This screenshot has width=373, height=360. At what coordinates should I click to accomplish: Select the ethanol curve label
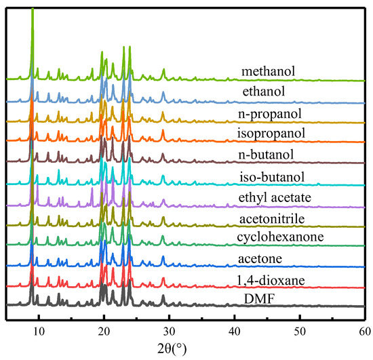(269, 92)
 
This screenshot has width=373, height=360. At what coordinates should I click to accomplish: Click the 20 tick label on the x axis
(104, 332)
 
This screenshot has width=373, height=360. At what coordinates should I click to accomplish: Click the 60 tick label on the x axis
(362, 332)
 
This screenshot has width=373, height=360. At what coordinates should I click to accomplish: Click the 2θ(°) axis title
(185, 350)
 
